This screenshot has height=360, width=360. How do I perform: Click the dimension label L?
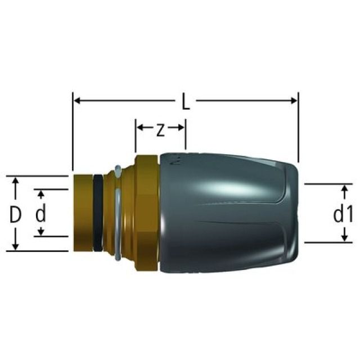pos(186,102)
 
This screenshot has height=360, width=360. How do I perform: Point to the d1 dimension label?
pos(342,214)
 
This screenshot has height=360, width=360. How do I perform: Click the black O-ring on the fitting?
pos(98,214)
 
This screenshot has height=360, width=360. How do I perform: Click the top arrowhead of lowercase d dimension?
pos(40,193)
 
